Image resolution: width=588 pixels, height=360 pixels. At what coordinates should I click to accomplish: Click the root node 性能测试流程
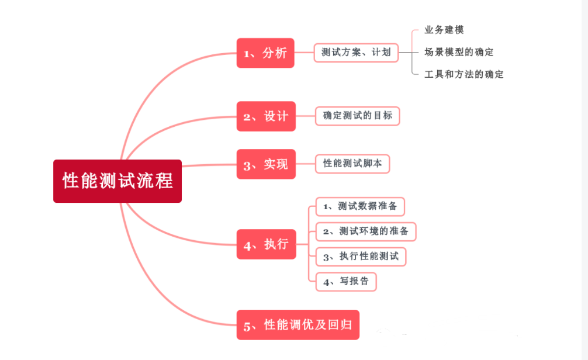point(117,181)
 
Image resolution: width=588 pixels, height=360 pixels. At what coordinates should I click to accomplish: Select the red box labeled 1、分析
point(265,53)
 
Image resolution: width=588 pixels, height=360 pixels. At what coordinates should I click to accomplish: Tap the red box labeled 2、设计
point(266,116)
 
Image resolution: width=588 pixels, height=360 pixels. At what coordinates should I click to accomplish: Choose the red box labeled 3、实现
point(266,164)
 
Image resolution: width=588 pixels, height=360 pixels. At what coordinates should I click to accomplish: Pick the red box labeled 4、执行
point(266,244)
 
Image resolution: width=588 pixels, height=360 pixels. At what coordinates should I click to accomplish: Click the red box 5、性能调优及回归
point(298,324)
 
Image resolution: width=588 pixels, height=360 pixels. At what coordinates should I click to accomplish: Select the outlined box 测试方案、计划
point(356,52)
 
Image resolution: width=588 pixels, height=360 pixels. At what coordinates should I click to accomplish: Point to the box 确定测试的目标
point(358,116)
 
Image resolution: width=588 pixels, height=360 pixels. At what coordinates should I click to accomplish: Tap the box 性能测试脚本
point(352,164)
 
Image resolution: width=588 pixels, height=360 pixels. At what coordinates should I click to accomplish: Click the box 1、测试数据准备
point(360,206)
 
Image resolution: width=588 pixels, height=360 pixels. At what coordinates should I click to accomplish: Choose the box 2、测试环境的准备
point(366,231)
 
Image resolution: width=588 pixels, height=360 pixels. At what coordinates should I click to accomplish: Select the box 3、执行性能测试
point(361,257)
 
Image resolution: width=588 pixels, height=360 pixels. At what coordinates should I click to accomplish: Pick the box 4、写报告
point(346,282)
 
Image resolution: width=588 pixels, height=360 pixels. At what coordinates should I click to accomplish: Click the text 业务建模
point(444,30)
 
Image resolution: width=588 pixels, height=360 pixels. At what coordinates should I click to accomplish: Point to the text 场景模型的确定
point(459,52)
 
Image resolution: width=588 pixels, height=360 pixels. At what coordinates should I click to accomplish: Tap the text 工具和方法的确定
point(464,74)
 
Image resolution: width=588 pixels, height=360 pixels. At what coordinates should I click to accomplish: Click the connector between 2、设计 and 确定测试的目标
point(306,116)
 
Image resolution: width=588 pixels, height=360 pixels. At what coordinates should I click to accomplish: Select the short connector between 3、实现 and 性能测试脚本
point(306,164)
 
